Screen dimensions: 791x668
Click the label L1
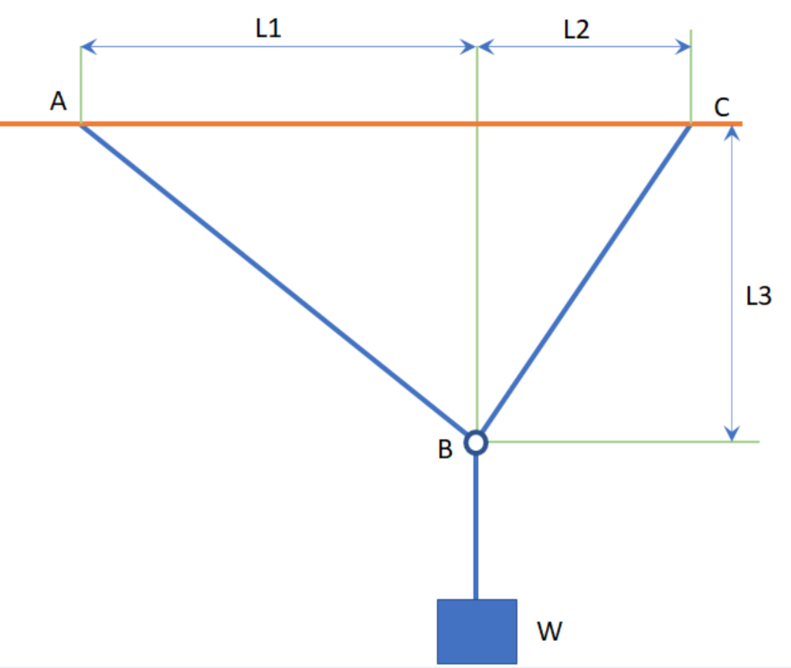270,29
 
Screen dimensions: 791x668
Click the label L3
758,296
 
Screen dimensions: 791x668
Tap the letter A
59,100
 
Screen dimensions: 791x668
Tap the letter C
721,107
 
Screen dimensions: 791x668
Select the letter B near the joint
445,450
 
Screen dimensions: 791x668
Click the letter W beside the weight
549,632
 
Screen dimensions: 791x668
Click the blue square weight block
477,631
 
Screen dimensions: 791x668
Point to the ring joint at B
476,442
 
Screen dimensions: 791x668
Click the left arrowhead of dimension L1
87,47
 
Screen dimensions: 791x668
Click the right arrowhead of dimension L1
470,47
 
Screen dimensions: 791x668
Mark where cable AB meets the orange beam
82,124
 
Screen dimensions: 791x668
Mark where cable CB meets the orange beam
690,124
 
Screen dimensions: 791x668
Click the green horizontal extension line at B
618,442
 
